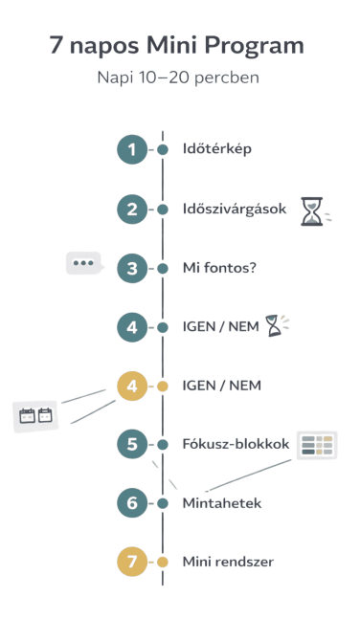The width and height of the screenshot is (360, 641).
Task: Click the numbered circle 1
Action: [x=132, y=149]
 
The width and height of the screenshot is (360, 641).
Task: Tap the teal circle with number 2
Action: [x=132, y=209]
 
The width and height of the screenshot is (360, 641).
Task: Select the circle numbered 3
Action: [x=132, y=268]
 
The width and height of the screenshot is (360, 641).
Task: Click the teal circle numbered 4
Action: [x=132, y=327]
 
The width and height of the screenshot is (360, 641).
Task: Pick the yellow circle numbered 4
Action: [x=132, y=386]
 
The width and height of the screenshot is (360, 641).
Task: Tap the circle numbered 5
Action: [x=132, y=444]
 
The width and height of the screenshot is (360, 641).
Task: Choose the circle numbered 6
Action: [x=132, y=502]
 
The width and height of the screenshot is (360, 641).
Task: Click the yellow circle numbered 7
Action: [x=132, y=562]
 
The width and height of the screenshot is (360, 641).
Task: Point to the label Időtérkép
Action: [x=216, y=149]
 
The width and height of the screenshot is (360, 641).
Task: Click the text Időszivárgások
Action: [x=235, y=209]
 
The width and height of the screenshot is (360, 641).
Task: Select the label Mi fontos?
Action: [x=219, y=268]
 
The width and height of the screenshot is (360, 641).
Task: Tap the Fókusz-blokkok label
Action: [x=236, y=444]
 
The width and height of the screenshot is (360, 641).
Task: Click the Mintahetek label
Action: [x=222, y=502]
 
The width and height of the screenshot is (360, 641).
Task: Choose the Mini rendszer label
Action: [x=228, y=562]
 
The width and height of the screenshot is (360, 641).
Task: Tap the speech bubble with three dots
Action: [x=83, y=262]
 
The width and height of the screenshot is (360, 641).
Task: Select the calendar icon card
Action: [x=35, y=415]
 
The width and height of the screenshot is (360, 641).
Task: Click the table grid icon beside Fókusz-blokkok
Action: [x=316, y=445]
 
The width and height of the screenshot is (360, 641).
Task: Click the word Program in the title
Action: [x=254, y=45]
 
